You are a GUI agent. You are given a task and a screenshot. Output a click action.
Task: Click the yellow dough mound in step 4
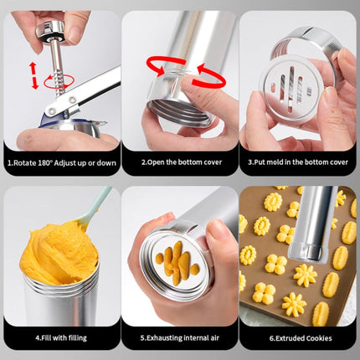click(x=59, y=251)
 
